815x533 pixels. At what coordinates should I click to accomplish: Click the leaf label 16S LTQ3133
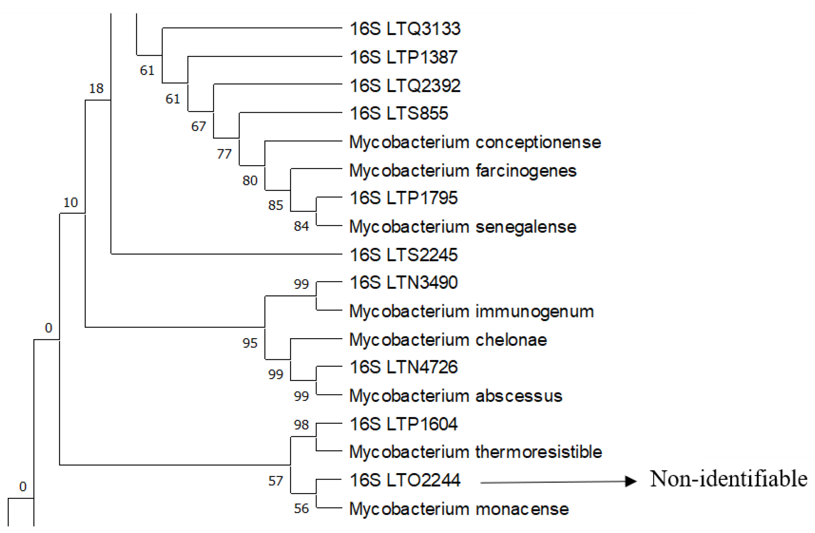click(x=405, y=29)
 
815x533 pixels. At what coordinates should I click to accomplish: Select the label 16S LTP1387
click(x=403, y=57)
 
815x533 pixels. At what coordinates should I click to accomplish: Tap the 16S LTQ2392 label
click(x=405, y=86)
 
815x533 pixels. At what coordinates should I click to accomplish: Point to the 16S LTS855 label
click(x=399, y=114)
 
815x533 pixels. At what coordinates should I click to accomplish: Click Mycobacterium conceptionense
click(x=475, y=142)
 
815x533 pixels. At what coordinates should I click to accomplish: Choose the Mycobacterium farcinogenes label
click(x=463, y=171)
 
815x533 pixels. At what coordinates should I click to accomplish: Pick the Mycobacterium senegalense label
click(x=463, y=227)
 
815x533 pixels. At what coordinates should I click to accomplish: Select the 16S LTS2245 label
click(x=403, y=255)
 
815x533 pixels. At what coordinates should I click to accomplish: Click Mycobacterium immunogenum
click(x=471, y=312)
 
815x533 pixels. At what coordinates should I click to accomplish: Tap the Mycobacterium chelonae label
click(x=448, y=340)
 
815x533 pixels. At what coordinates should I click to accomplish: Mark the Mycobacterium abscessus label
click(x=456, y=396)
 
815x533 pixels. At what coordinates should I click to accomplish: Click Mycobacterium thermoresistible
click(x=475, y=452)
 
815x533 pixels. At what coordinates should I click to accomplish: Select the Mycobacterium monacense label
click(x=459, y=509)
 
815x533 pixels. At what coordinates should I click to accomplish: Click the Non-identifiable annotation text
click(x=729, y=479)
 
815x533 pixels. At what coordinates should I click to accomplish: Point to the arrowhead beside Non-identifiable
click(x=631, y=481)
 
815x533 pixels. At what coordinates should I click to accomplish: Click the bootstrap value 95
click(x=250, y=343)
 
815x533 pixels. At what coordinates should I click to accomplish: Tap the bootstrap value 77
click(x=224, y=154)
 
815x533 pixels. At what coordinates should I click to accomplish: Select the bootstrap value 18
click(x=96, y=89)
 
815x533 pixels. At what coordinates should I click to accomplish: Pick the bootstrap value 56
click(x=301, y=509)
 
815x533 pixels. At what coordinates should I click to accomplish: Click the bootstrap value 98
click(x=301, y=425)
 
